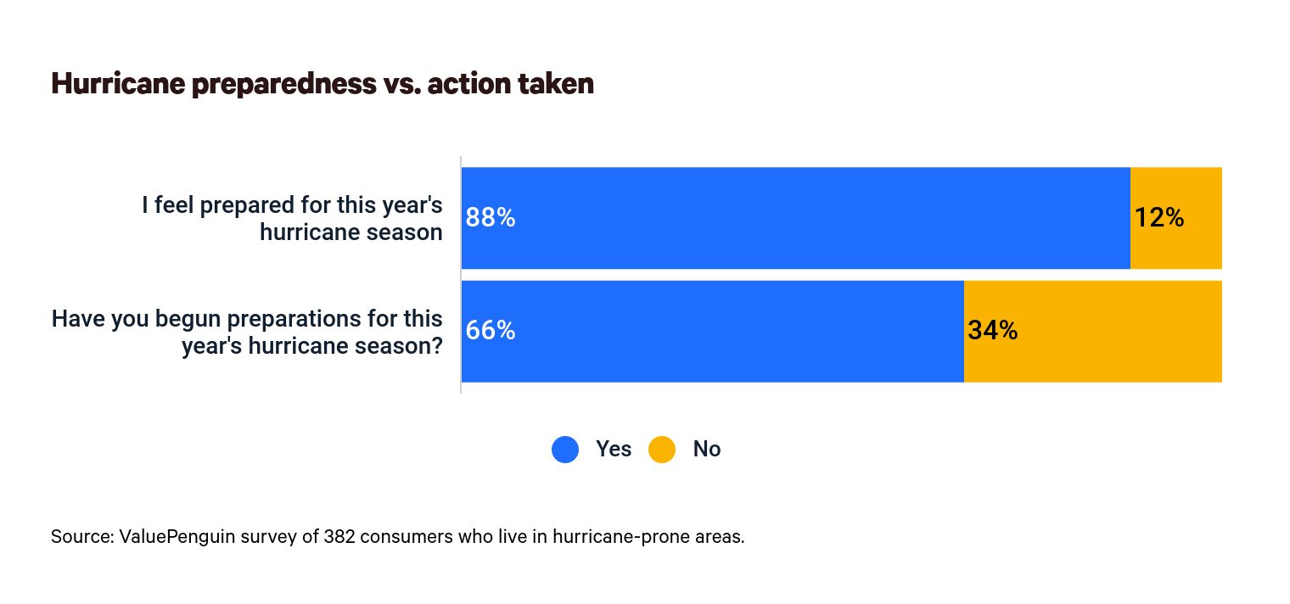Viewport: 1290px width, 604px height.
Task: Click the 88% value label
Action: click(x=491, y=218)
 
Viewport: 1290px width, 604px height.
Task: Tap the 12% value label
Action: click(x=1159, y=218)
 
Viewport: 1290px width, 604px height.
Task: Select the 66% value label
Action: click(x=491, y=331)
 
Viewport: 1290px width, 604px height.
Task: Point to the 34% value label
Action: click(x=992, y=331)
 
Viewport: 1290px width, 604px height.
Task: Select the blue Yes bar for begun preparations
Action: click(x=713, y=331)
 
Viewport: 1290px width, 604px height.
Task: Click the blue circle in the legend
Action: click(x=565, y=449)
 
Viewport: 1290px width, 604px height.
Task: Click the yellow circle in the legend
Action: click(x=662, y=449)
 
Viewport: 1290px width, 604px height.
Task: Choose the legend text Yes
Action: click(x=613, y=449)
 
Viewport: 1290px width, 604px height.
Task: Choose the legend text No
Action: click(x=706, y=449)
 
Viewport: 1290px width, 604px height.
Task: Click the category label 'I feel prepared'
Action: click(x=291, y=218)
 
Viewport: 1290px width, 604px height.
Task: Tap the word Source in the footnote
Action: click(x=79, y=537)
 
